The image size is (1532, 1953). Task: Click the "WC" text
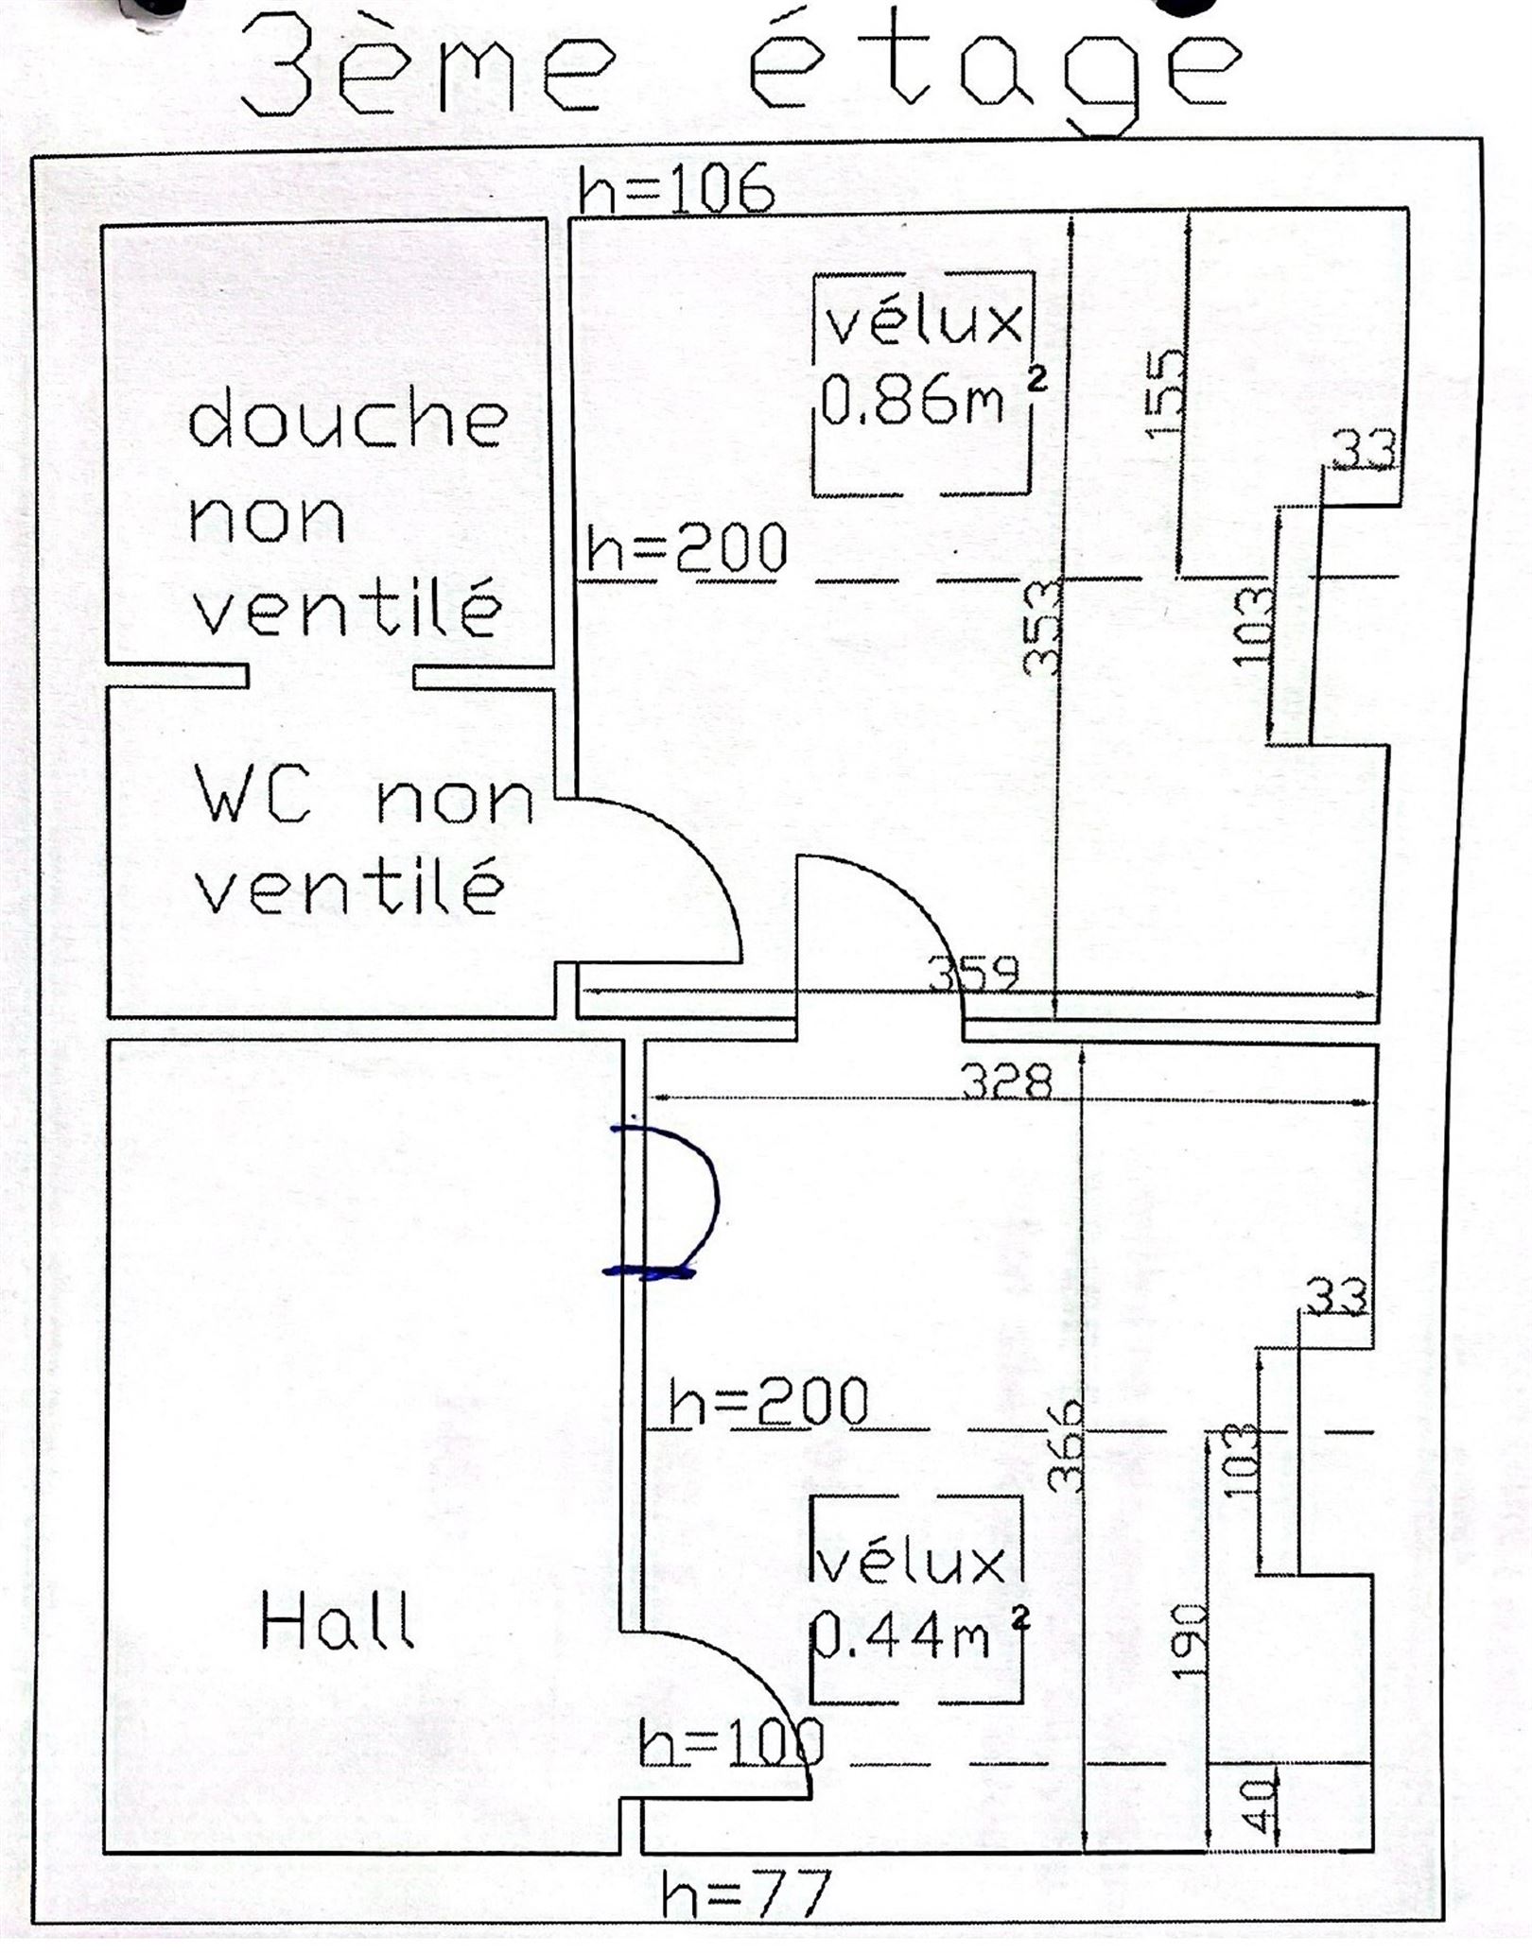click(x=253, y=796)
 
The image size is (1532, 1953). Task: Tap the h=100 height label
click(x=730, y=1741)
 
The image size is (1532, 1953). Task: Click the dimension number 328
click(x=1006, y=1080)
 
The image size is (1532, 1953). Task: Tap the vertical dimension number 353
click(x=1044, y=626)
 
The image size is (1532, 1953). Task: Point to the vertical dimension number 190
click(x=1189, y=1640)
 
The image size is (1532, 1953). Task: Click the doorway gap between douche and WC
click(x=331, y=676)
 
